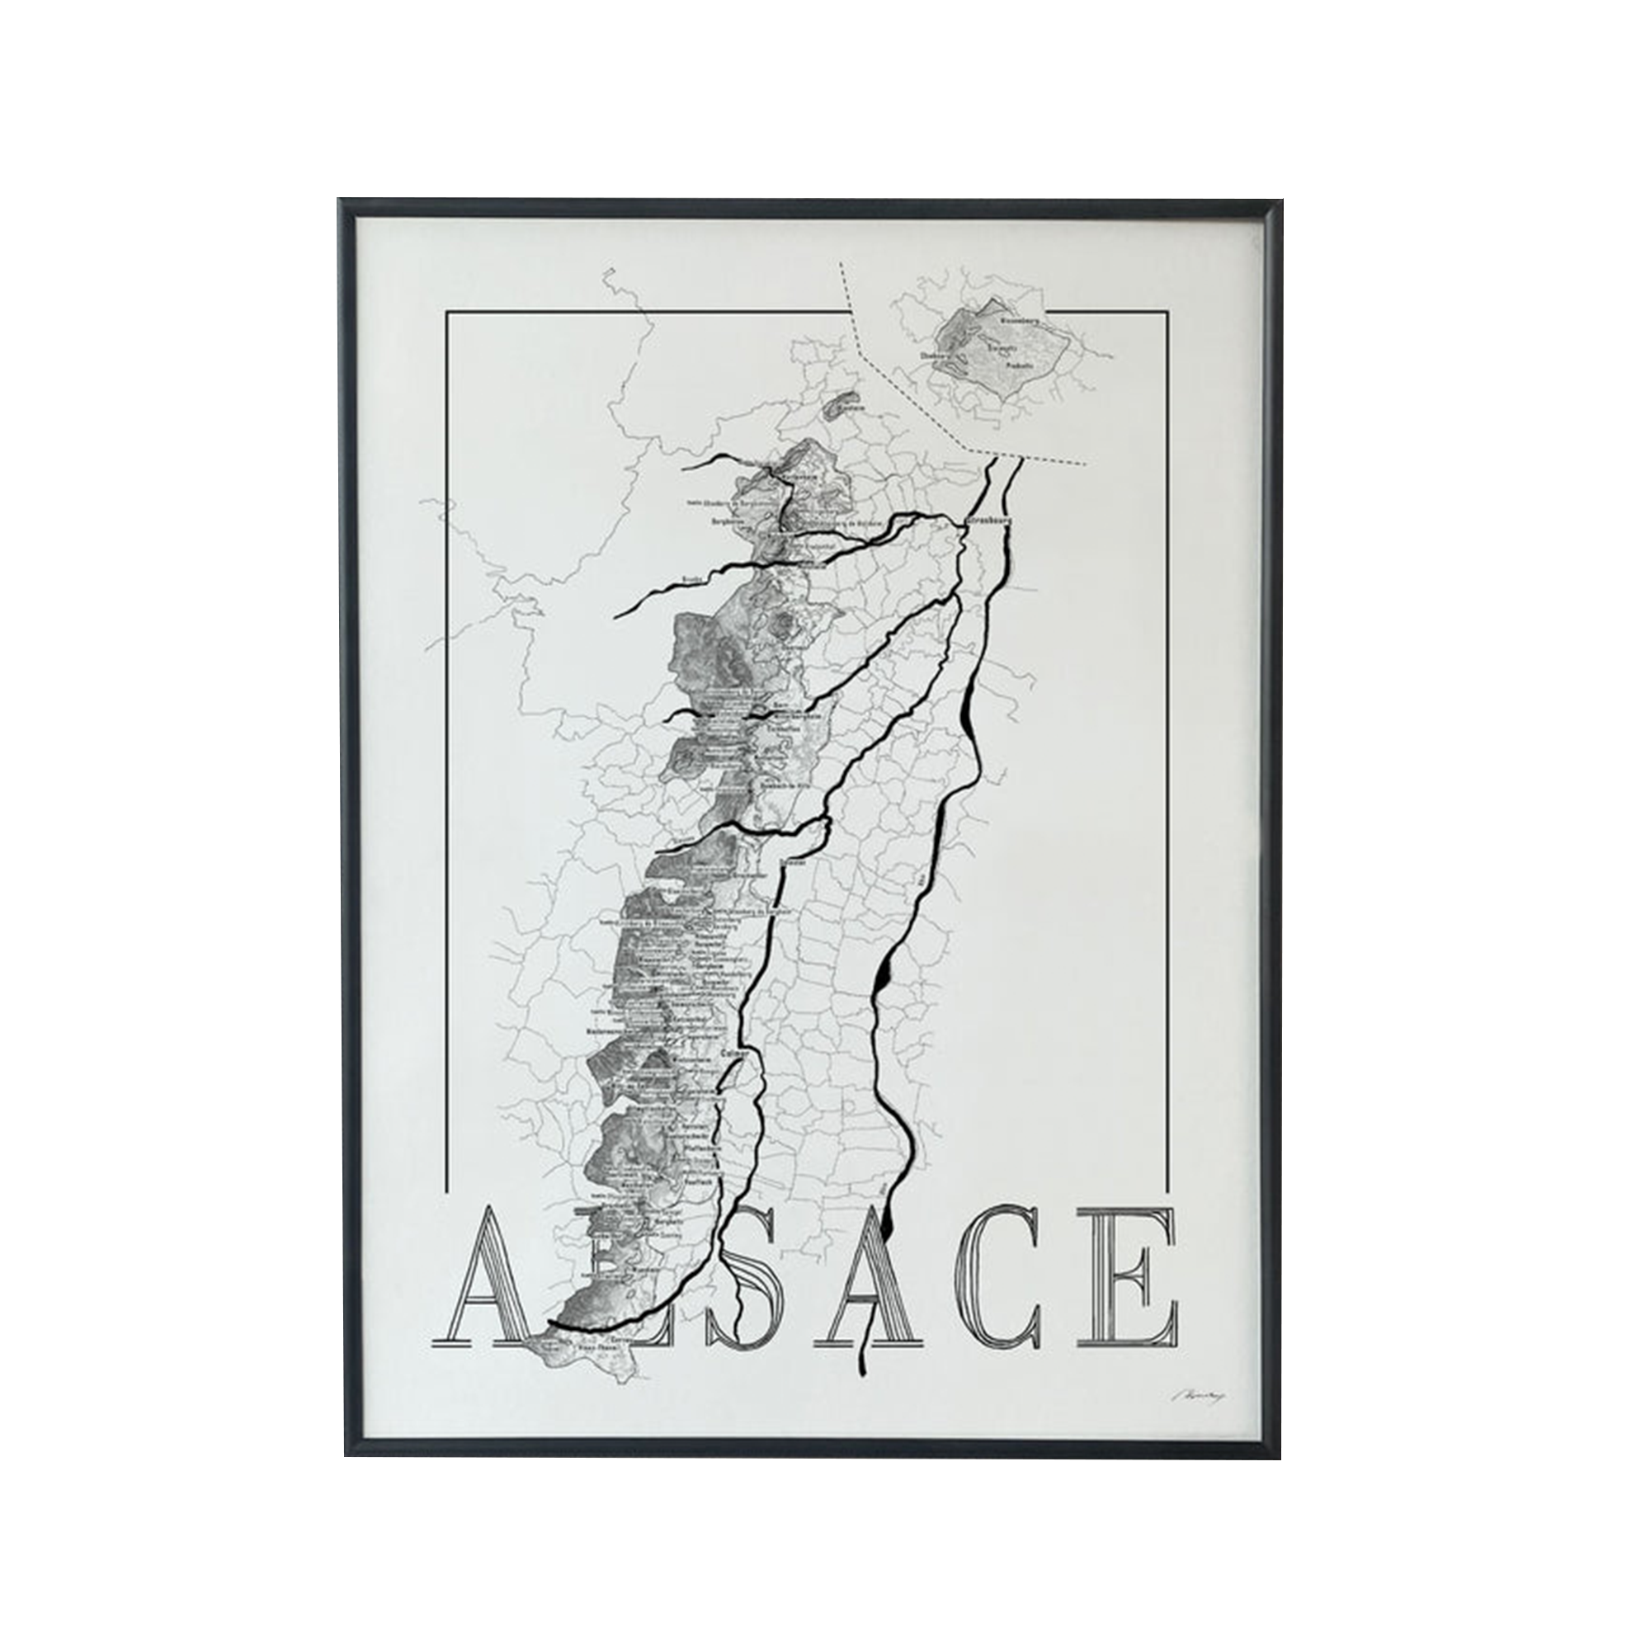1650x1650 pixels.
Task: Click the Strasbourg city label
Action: (988, 518)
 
